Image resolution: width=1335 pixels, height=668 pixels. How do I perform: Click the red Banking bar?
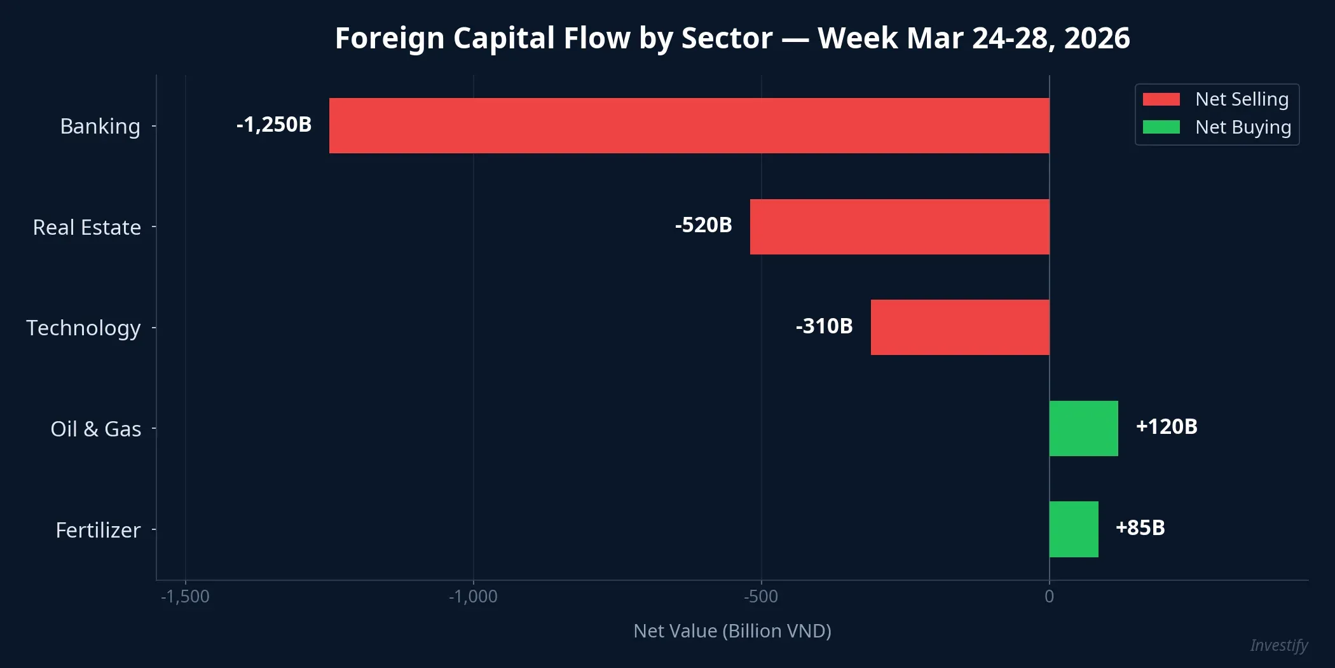click(689, 125)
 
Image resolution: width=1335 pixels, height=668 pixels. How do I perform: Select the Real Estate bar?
click(900, 226)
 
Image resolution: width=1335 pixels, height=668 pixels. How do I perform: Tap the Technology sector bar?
click(960, 327)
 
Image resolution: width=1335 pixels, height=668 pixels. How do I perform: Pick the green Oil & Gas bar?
click(1083, 428)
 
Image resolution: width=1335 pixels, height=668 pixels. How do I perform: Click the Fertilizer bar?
click(1074, 529)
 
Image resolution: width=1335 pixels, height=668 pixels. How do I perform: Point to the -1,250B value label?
click(274, 124)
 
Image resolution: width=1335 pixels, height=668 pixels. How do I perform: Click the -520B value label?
click(703, 225)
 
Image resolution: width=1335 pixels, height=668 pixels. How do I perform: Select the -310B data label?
click(824, 326)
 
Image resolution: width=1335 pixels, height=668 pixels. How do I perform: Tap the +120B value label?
click(1167, 426)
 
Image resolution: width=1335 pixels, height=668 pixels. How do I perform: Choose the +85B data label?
click(1140, 527)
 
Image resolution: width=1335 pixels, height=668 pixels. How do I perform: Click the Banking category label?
click(100, 126)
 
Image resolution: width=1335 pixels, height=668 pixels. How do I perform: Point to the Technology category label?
click(83, 328)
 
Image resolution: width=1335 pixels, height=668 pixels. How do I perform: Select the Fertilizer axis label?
click(98, 530)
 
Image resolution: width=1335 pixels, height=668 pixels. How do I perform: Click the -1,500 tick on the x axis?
click(185, 597)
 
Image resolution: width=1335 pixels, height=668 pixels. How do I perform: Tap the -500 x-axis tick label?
click(761, 597)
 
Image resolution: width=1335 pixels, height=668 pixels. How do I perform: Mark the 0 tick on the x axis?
click(1049, 597)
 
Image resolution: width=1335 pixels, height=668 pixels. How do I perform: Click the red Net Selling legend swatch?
click(1161, 99)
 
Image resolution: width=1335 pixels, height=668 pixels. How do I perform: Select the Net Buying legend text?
click(1243, 127)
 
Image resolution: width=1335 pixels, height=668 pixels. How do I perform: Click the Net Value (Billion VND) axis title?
click(732, 630)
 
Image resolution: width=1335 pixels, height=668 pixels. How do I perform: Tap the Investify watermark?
click(1278, 645)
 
